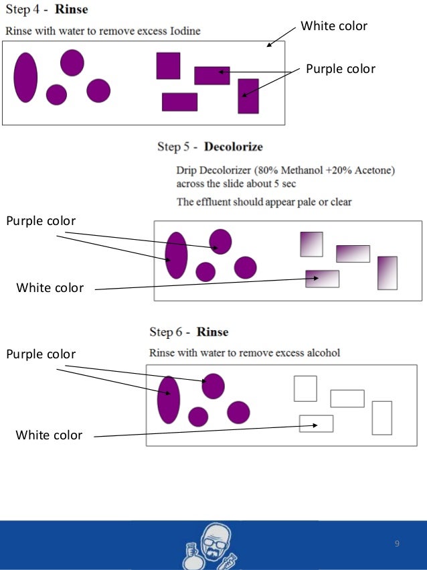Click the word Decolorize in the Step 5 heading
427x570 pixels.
point(234,147)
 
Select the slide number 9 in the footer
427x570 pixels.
point(397,543)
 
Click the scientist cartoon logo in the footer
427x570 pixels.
point(213,545)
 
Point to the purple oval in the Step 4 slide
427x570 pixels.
point(25,77)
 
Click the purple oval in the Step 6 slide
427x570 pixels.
point(169,400)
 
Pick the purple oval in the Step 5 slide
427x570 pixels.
point(177,255)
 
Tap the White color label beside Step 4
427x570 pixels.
point(334,26)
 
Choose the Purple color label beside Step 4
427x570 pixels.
point(341,69)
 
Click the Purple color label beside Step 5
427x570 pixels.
point(41,221)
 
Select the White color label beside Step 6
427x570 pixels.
point(50,435)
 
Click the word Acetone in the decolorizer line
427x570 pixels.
point(375,170)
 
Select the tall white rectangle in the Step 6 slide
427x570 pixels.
point(381,418)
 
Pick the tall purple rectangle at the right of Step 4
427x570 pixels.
point(248,96)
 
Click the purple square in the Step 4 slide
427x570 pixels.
point(168,66)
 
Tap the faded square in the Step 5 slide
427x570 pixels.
point(311,244)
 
